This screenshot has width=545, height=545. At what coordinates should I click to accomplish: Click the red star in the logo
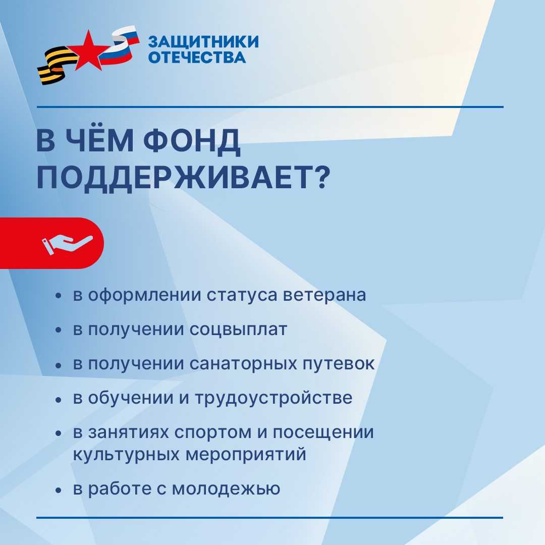coord(89,51)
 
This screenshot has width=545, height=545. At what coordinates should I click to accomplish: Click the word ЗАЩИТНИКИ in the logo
coord(204,42)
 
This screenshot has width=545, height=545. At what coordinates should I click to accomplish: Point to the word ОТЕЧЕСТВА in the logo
coord(197,58)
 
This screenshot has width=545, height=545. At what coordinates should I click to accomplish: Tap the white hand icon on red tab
coord(67,244)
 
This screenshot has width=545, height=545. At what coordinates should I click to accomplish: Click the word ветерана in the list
coord(324,295)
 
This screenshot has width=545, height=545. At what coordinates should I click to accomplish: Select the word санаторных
coord(243,364)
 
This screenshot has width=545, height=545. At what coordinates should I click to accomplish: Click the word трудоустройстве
coord(274,398)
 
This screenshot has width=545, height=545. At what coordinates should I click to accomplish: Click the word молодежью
coord(226,489)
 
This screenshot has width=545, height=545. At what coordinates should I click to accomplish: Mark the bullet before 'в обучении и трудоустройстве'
coord(59,400)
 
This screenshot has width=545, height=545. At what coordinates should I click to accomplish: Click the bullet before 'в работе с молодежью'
coord(59,490)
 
